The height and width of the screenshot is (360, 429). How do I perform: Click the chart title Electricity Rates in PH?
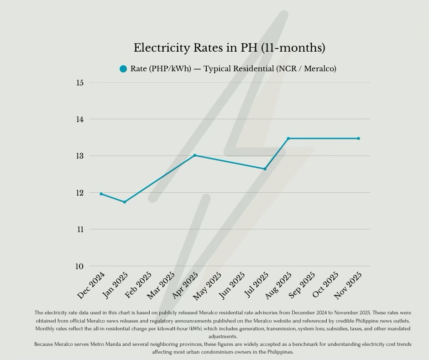(229, 48)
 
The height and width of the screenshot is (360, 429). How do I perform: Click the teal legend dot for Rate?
(123, 69)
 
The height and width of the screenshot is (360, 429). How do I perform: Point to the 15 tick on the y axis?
(80, 83)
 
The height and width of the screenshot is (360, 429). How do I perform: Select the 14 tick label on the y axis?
(80, 119)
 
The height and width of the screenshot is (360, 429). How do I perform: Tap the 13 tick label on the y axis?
(80, 156)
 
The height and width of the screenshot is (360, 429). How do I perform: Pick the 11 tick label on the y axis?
(80, 229)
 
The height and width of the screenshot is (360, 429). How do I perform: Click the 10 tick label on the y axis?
(80, 266)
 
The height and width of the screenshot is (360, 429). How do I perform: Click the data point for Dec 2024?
(101, 194)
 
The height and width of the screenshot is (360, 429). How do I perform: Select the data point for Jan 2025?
(125, 202)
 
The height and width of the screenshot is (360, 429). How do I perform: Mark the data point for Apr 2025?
(195, 155)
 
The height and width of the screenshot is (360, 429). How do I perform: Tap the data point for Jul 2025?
(265, 169)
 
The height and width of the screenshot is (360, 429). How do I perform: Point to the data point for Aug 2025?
(288, 138)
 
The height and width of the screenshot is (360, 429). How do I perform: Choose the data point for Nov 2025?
(358, 138)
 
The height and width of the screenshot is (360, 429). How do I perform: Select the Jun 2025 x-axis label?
(233, 285)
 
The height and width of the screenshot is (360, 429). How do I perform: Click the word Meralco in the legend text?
(318, 69)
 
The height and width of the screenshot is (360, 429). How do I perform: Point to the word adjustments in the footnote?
(223, 337)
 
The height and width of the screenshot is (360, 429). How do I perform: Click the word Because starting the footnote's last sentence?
(46, 344)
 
